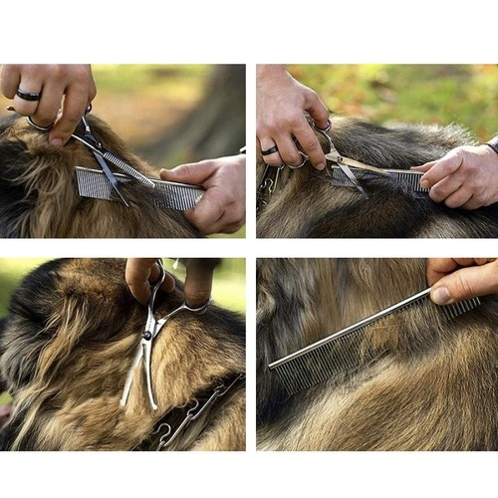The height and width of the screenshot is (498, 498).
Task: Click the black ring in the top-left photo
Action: [x=27, y=95]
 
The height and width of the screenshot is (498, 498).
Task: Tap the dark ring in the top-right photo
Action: [x=270, y=150]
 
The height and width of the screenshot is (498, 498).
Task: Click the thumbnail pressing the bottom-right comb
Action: [x=442, y=295]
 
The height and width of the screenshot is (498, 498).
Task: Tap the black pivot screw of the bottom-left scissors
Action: [x=147, y=336]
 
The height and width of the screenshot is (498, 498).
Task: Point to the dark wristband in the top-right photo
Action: [x=492, y=146]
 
